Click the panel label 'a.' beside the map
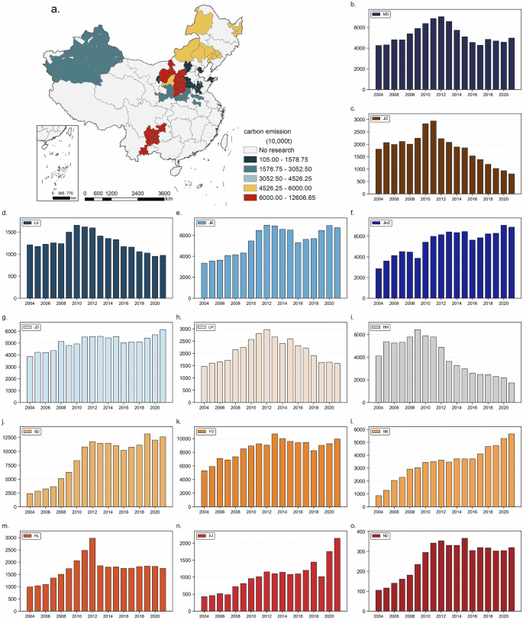click(x=56, y=11)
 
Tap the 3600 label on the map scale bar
click(x=165, y=194)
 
